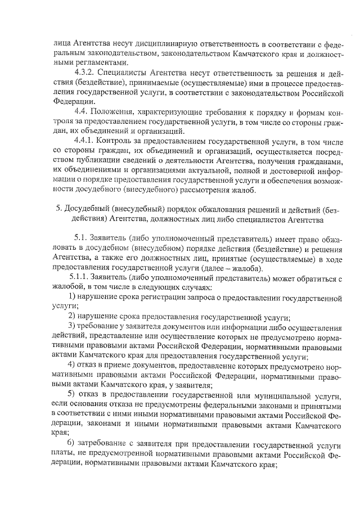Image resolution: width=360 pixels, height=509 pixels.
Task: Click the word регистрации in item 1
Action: click(x=165, y=296)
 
